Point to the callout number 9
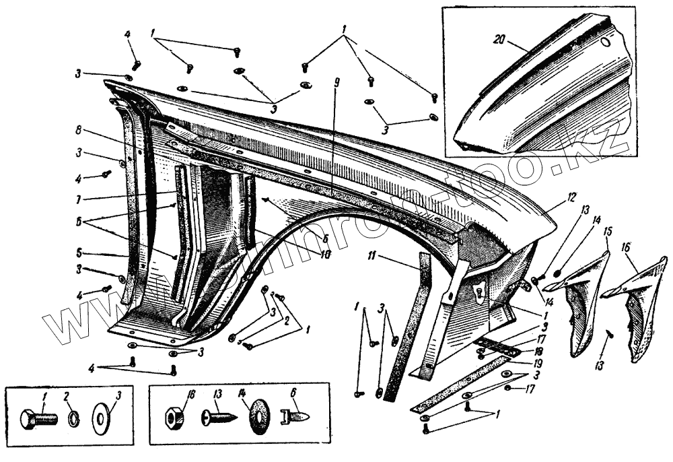coord(336,83)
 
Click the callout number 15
coord(608,232)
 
